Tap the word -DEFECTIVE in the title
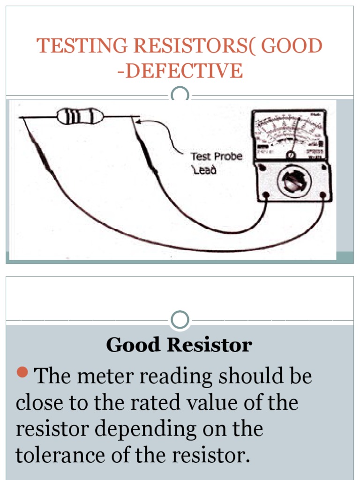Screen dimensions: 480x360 coord(180,71)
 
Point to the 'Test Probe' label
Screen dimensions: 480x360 coord(216,156)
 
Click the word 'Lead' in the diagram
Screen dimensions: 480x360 coord(205,171)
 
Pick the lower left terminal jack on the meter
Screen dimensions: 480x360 coord(266,194)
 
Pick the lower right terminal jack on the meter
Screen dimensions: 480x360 coord(322,194)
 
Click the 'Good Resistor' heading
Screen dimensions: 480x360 coord(179,345)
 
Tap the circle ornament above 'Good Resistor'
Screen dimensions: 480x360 coord(180,320)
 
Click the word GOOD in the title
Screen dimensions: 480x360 coord(292,46)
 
